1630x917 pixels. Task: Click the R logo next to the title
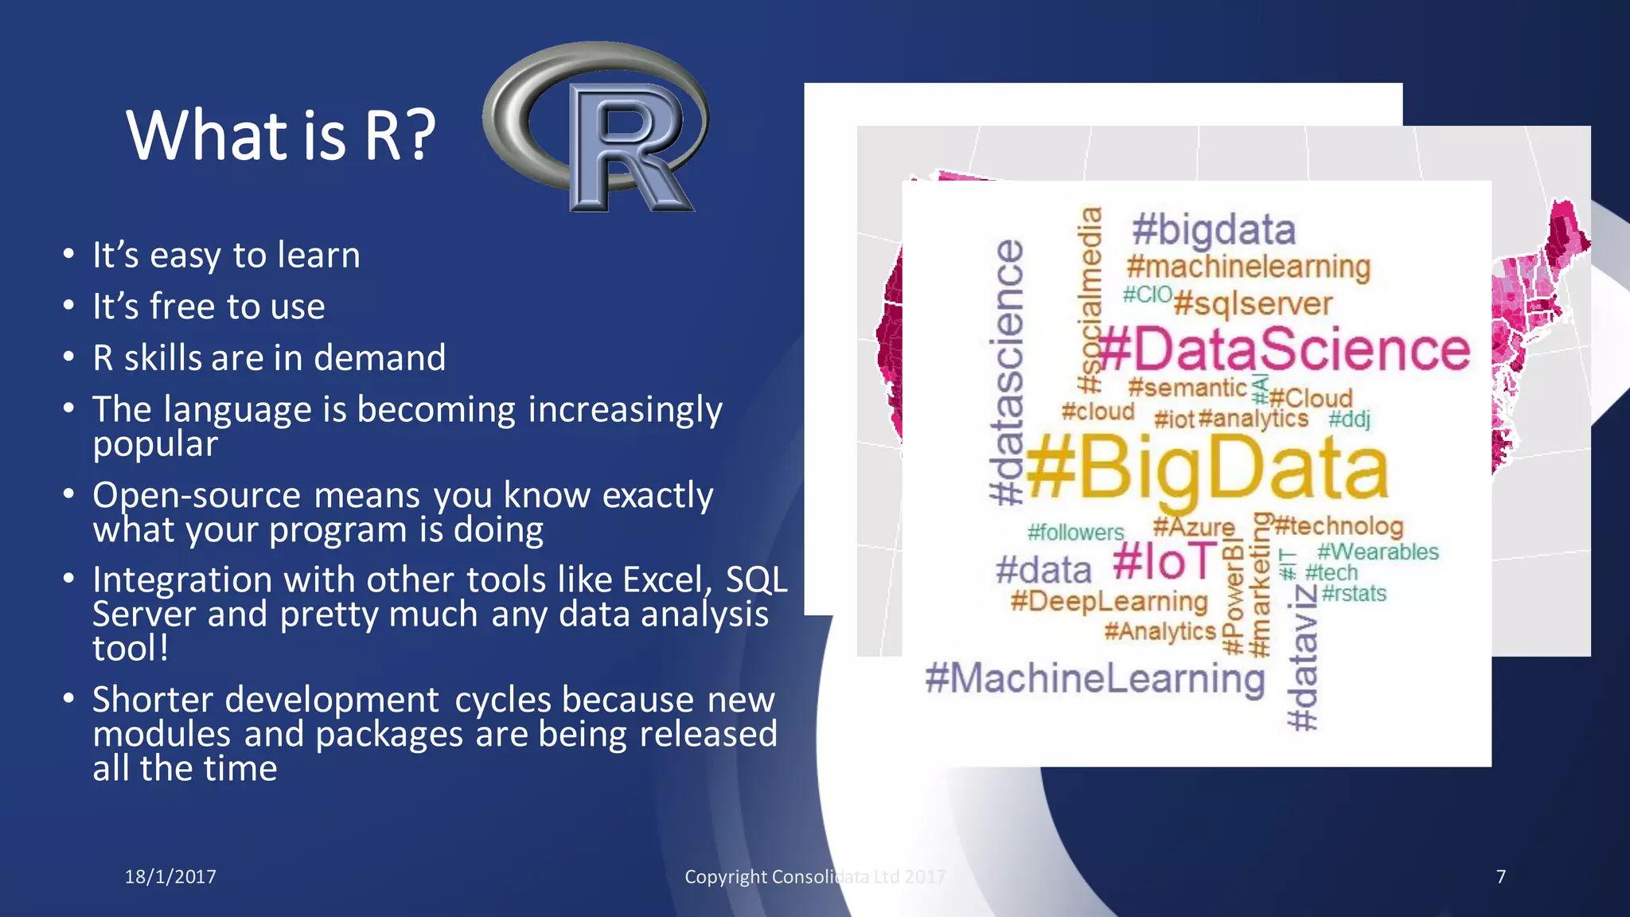tap(597, 127)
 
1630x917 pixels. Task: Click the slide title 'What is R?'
tap(280, 135)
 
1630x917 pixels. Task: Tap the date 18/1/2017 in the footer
tap(170, 876)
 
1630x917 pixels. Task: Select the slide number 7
tap(1500, 876)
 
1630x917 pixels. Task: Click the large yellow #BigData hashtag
tap(1207, 470)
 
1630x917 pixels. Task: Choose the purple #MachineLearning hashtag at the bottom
tap(1094, 679)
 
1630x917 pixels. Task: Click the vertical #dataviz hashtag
tap(1303, 658)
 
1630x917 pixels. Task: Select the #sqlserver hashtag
tap(1253, 304)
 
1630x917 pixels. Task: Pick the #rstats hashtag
tap(1354, 594)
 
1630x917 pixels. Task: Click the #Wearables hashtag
tap(1378, 552)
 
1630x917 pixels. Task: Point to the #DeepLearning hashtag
tap(1109, 601)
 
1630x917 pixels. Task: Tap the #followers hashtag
tap(1075, 533)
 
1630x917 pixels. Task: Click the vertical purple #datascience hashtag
tap(1008, 373)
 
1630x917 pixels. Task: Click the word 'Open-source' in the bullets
tap(197, 495)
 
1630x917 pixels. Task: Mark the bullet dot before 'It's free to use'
tap(69, 306)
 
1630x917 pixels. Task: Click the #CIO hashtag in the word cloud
tap(1147, 295)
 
